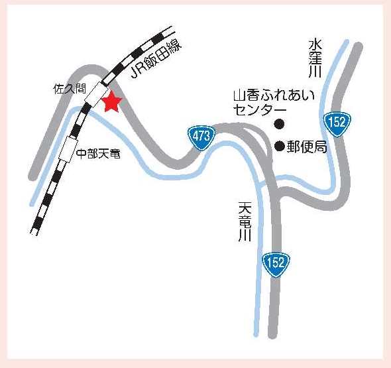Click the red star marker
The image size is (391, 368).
point(111,102)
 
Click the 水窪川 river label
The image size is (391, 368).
point(314,59)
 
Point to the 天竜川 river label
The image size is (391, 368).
point(243,221)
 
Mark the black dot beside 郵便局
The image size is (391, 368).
point(280,146)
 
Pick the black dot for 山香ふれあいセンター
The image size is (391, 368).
point(279,123)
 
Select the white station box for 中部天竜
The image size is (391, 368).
point(68,149)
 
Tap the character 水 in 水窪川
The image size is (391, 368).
point(314,44)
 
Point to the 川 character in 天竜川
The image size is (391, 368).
point(243,237)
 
